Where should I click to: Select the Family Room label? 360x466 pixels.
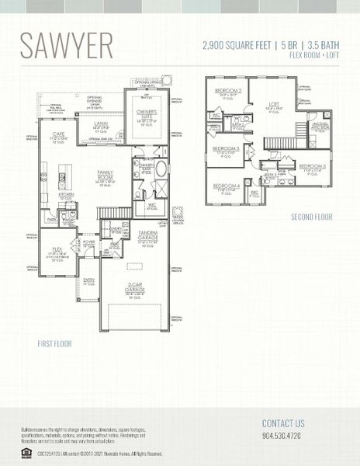coord(105,172)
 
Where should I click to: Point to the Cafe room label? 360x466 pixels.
coord(57,135)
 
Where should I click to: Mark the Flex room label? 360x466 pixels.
coord(57,250)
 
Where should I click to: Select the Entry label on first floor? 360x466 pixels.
coord(88,280)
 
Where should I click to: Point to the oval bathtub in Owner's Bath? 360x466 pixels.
coord(161,169)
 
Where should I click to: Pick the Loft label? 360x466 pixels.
coord(274,105)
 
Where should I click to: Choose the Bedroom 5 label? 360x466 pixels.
coord(313,166)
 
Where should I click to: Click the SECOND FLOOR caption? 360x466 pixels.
coord(311,217)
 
